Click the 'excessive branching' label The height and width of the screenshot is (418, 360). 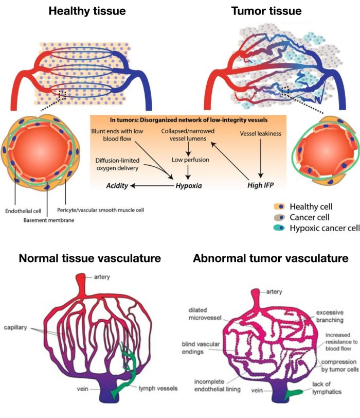(x=330, y=316)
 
